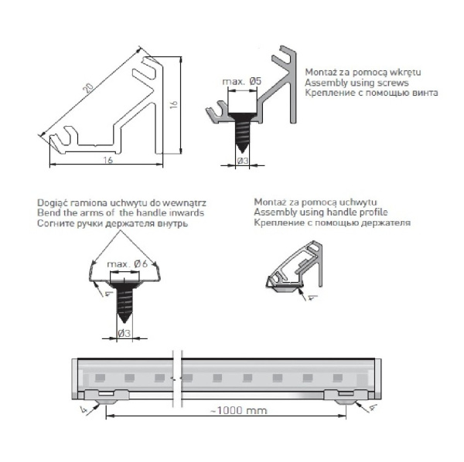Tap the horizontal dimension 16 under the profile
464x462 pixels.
[107, 160]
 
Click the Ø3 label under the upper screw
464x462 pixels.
[241, 161]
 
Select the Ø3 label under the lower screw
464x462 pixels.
[124, 334]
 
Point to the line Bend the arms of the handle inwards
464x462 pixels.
[121, 212]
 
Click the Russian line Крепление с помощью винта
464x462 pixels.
[371, 93]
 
